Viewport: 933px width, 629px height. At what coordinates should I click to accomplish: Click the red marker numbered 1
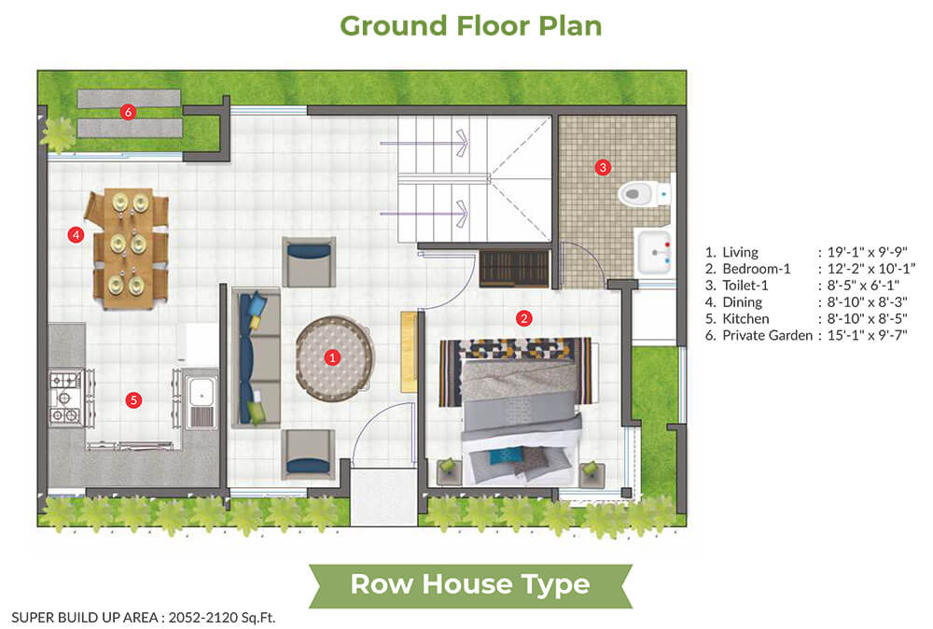click(332, 357)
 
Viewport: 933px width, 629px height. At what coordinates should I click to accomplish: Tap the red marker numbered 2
click(523, 318)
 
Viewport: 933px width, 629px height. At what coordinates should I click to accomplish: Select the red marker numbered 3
click(603, 167)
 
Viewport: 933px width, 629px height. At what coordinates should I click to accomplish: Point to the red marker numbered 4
click(76, 235)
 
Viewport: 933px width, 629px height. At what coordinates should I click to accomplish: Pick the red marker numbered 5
click(133, 400)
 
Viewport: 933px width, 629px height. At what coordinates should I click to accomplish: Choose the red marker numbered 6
click(127, 111)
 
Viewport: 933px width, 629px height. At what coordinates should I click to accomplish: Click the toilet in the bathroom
click(645, 193)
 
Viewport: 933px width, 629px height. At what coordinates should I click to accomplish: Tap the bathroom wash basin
click(653, 252)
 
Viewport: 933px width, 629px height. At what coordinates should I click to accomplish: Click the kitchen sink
click(202, 398)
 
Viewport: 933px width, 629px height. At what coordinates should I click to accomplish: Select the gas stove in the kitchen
click(65, 398)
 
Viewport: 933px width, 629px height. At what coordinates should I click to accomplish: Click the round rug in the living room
click(334, 357)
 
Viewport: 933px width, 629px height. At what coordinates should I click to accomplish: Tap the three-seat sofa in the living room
click(257, 357)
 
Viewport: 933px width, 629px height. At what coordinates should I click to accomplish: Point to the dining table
click(127, 249)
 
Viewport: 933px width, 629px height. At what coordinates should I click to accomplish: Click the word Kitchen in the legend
click(745, 319)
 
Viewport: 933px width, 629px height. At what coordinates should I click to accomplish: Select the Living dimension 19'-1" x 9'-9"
click(867, 252)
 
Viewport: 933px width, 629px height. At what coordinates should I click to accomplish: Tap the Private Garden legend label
click(767, 336)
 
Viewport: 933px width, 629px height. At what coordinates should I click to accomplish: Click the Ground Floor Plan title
click(470, 26)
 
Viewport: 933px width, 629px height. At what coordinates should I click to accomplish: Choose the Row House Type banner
click(470, 584)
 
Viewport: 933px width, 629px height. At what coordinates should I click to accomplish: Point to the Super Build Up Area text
click(144, 618)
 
